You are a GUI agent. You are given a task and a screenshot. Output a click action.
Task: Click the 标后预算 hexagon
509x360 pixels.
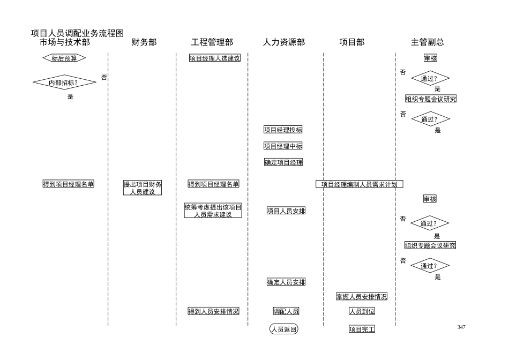point(64,58)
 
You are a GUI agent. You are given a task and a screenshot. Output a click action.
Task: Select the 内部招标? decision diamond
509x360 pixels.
point(64,82)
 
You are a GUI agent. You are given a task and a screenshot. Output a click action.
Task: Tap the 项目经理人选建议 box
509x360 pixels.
point(214,58)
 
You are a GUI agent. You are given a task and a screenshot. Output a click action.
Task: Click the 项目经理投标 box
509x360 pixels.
point(283,130)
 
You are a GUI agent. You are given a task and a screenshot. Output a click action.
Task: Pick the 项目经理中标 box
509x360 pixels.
point(283,146)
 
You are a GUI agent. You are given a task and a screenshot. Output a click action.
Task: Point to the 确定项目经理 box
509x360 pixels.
point(283,162)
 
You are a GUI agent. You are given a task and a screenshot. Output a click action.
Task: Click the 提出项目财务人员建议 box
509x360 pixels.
point(143,188)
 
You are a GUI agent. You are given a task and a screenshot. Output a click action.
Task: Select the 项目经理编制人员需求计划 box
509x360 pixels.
point(359,184)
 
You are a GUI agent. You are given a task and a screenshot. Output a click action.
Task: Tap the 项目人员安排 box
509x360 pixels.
point(286,211)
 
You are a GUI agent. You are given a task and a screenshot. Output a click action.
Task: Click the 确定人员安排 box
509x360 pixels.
point(286,282)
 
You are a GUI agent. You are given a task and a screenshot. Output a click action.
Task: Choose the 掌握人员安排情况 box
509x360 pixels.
point(362,296)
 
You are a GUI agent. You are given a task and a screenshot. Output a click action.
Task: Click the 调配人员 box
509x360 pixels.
point(286,311)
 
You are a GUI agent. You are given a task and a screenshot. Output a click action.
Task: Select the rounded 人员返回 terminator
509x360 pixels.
point(283,329)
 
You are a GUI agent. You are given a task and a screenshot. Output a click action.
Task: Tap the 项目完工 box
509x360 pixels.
point(362,329)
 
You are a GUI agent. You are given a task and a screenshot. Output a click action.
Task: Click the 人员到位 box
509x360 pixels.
point(362,311)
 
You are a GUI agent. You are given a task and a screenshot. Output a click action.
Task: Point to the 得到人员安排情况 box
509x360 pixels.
point(213,311)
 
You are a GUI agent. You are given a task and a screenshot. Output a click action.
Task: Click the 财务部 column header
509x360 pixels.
point(144,42)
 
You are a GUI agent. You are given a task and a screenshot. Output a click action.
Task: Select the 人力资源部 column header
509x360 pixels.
point(283,42)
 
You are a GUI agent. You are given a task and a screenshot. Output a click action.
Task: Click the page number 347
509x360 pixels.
point(461,327)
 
